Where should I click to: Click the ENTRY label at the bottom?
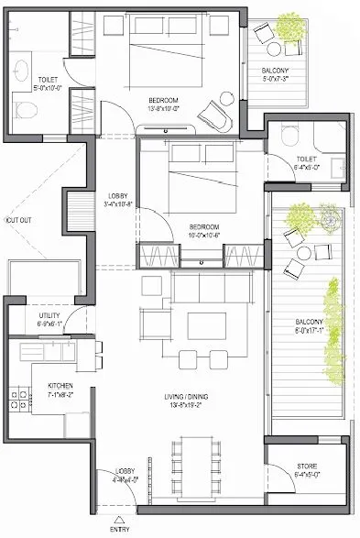point(119,530)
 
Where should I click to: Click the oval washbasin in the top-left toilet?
point(23,67)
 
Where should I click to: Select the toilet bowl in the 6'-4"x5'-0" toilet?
point(290,135)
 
